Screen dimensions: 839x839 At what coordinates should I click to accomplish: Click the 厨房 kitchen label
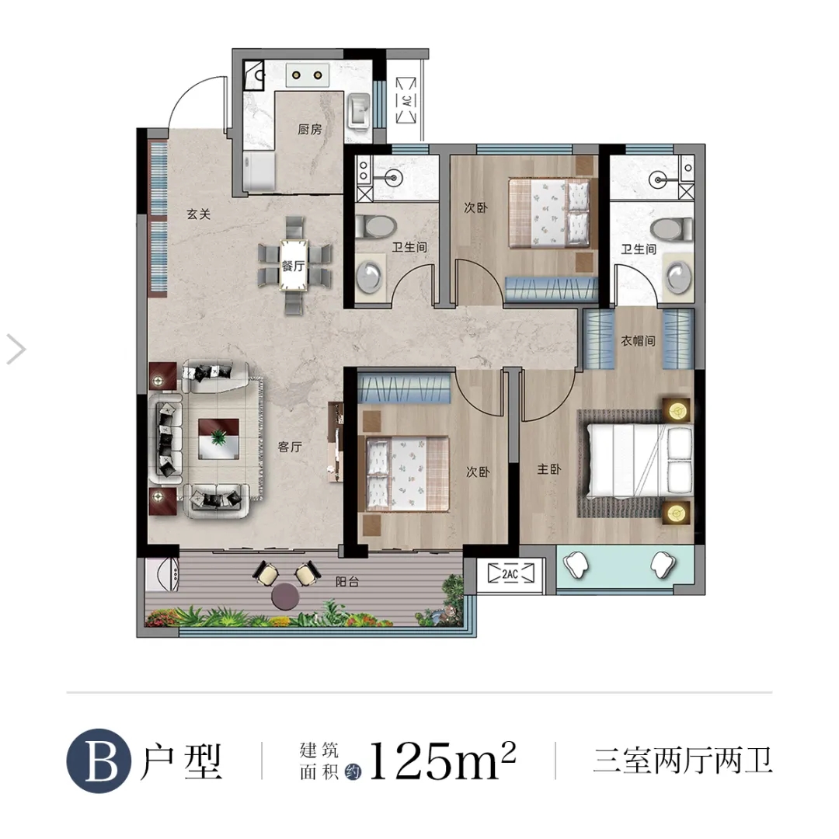(x=310, y=129)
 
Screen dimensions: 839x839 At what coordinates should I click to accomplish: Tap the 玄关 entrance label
(x=199, y=214)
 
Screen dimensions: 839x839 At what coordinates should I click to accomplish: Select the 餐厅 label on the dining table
(x=293, y=266)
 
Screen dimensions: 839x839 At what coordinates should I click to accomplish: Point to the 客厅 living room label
(x=290, y=447)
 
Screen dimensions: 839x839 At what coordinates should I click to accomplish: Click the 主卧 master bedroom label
(x=549, y=469)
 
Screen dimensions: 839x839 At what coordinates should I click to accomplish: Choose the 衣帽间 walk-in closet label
(x=638, y=340)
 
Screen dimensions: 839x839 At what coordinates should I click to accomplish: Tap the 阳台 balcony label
(x=346, y=581)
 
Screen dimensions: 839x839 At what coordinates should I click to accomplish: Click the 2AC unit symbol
(x=510, y=573)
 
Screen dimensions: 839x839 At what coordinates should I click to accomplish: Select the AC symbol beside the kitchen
(x=406, y=100)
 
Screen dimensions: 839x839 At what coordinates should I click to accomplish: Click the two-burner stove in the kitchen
(x=307, y=75)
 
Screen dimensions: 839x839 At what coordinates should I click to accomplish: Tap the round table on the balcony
(x=285, y=596)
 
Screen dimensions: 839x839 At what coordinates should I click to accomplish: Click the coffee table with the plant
(x=218, y=439)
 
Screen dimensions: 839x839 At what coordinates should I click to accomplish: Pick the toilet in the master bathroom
(x=671, y=229)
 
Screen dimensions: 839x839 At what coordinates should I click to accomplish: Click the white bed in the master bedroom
(x=640, y=461)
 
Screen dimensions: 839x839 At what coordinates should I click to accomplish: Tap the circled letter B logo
(x=99, y=761)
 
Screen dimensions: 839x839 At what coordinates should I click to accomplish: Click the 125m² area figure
(x=442, y=761)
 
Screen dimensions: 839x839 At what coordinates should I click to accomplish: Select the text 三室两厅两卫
(x=683, y=761)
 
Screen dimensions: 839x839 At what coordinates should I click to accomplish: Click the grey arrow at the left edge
(x=16, y=350)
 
